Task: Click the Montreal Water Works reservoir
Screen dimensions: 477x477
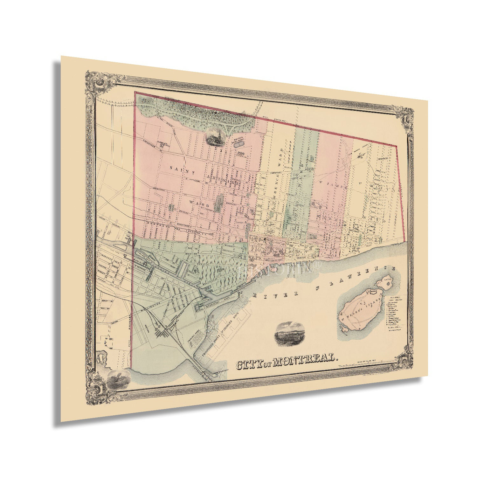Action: (238, 144)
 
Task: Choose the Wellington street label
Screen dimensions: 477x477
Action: (150, 307)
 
